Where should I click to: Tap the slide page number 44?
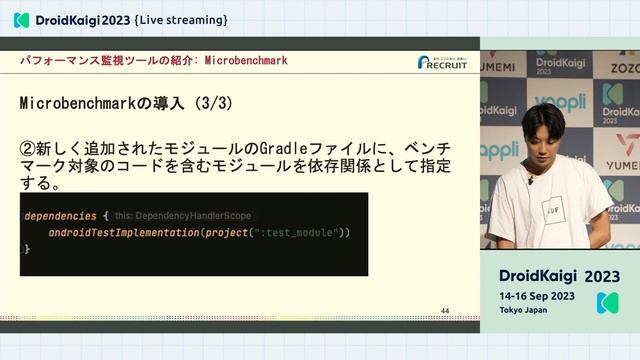click(x=445, y=311)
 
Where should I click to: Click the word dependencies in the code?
click(x=61, y=215)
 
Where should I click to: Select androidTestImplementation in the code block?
click(x=125, y=232)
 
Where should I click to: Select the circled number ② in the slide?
click(x=29, y=147)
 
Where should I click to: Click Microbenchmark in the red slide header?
click(x=245, y=61)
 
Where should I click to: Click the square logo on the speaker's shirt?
click(x=549, y=211)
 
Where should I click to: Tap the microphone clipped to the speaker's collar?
click(x=530, y=180)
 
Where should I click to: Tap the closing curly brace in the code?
click(x=27, y=248)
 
